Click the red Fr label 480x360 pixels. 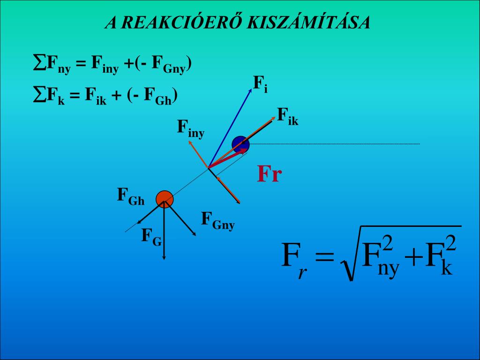[269, 174]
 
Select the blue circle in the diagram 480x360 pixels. [240, 144]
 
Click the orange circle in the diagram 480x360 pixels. [165, 199]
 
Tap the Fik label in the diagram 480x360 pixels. [287, 116]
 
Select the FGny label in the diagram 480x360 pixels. [217, 220]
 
